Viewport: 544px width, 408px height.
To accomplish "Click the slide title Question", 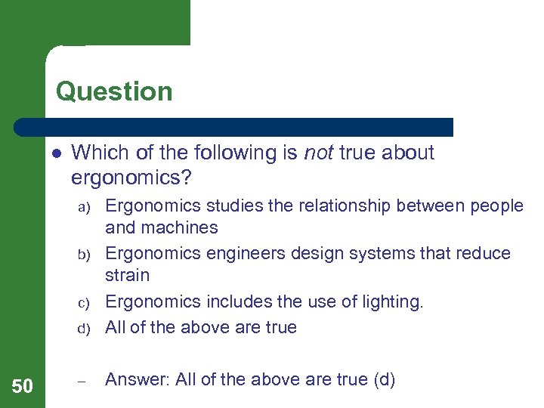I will coord(114,91).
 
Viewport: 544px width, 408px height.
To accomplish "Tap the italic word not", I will coord(318,153).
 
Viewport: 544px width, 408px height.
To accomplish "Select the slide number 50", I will coord(23,387).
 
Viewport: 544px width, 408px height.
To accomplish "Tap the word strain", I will coord(128,275).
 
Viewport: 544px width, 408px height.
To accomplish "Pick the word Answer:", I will coord(138,380).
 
